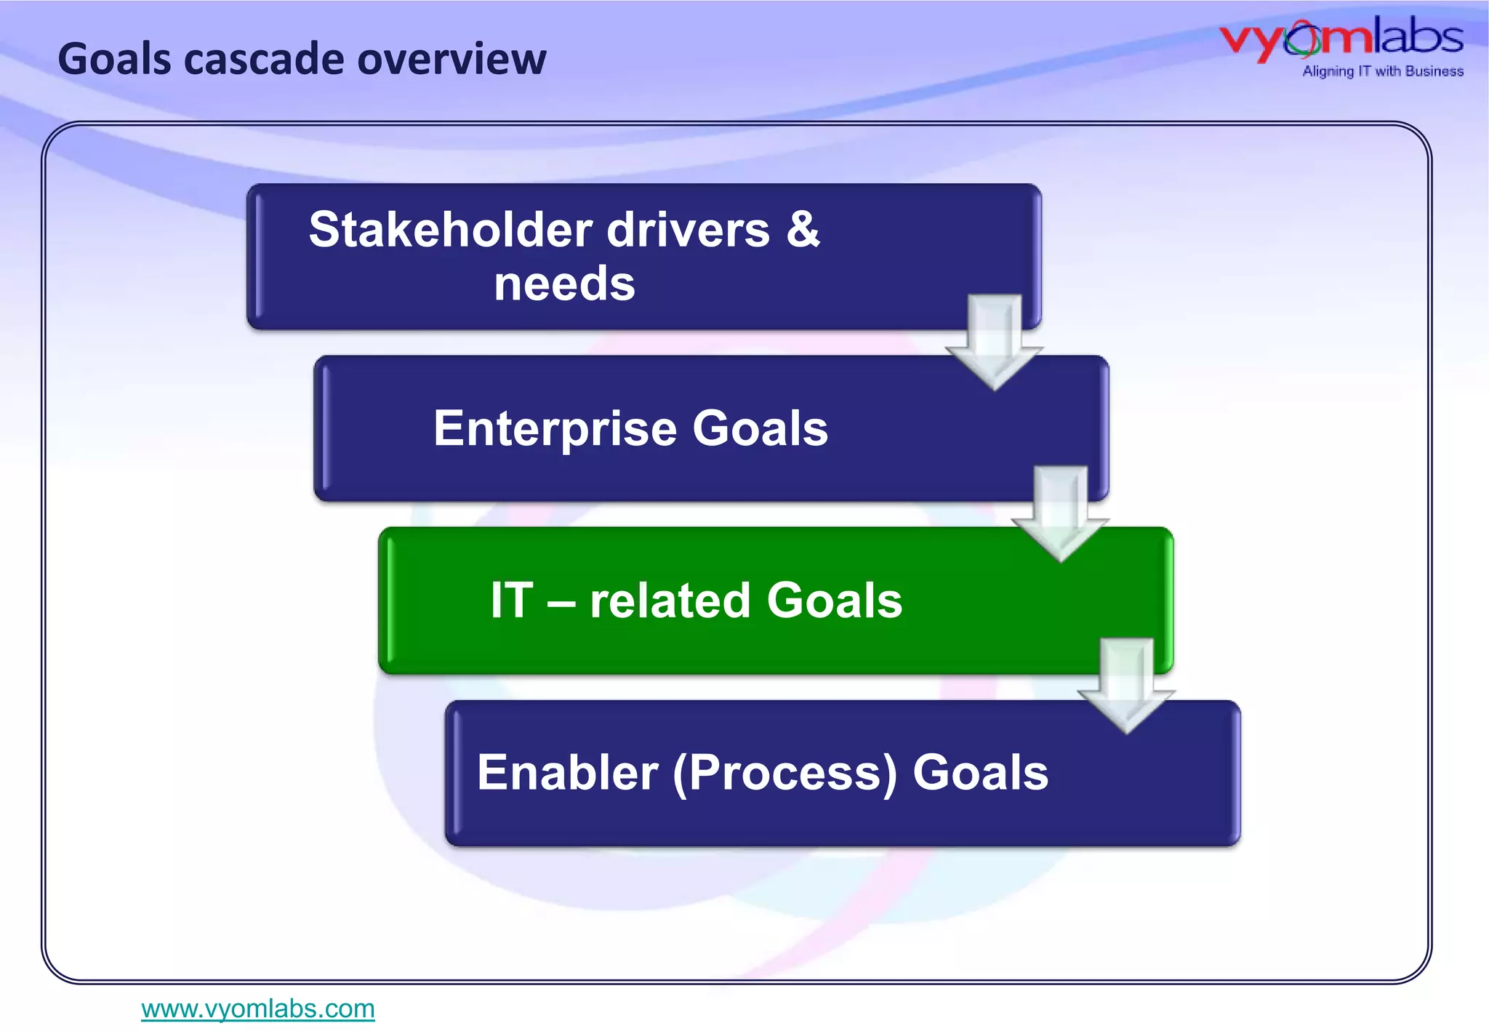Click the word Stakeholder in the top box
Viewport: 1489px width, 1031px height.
450,230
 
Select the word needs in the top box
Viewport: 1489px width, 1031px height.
564,284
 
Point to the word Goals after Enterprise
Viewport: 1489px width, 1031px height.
760,428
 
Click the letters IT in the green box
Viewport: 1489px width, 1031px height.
512,601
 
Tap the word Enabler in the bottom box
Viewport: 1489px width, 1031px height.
567,772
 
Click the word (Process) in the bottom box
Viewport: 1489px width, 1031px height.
785,774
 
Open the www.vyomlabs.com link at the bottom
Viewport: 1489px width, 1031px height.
258,1009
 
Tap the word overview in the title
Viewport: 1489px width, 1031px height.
451,60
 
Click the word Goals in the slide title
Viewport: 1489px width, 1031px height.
115,60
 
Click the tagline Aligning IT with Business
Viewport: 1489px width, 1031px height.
1382,71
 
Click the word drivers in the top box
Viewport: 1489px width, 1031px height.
688,230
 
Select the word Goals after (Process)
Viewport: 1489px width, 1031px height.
980,772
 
